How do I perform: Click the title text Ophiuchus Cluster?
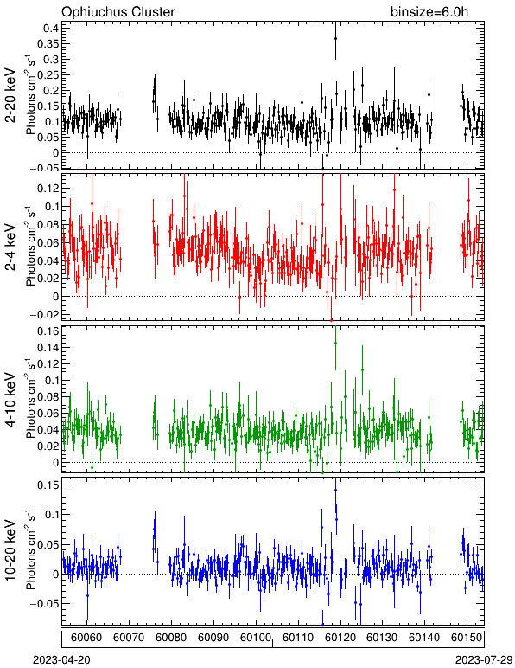[x=118, y=11]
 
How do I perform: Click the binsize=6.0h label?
[x=429, y=11]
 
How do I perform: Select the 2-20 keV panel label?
[x=10, y=95]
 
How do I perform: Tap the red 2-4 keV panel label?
[x=10, y=247]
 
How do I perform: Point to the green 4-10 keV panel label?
[x=10, y=400]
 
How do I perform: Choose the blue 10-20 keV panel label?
[x=10, y=550]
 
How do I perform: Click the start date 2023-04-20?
[x=61, y=660]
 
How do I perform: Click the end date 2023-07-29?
[x=484, y=660]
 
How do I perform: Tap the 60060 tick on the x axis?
[x=86, y=638]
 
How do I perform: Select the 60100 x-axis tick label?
[x=256, y=638]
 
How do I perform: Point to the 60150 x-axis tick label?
[x=467, y=638]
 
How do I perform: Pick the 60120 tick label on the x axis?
[x=340, y=638]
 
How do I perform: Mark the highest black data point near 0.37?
[x=335, y=38]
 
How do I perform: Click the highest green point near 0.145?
[x=335, y=343]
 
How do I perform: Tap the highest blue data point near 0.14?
[x=335, y=491]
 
